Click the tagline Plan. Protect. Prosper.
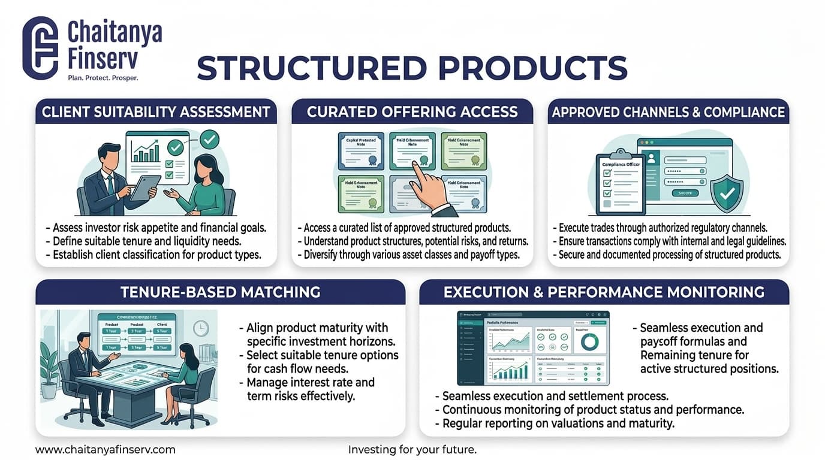103,78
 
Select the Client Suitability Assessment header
156,112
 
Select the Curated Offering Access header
412,112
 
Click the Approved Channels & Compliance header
668,112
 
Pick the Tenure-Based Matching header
220,292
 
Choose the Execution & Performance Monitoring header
604,292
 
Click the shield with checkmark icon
727,193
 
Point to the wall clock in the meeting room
201,328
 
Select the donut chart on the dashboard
589,341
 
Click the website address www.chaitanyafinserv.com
106,449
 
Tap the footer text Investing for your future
412,449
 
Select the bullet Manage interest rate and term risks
310,389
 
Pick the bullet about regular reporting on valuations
558,423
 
